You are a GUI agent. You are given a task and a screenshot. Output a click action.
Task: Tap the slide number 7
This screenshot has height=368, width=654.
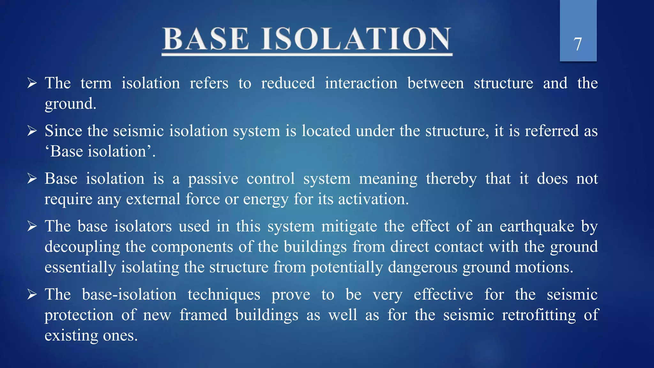click(x=578, y=44)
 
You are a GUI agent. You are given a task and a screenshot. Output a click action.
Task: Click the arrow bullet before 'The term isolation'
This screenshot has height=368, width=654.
click(x=32, y=83)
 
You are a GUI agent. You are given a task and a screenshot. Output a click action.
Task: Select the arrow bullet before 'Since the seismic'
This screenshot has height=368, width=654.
click(x=32, y=131)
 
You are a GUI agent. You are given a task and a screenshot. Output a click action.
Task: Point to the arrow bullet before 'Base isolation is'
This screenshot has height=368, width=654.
click(x=32, y=179)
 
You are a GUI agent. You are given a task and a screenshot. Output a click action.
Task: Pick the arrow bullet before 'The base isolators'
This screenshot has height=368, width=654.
click(x=32, y=226)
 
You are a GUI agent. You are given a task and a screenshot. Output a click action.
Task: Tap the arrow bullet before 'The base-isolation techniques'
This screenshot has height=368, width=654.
click(x=32, y=295)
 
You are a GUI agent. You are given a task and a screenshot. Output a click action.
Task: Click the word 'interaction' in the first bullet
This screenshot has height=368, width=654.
click(x=361, y=83)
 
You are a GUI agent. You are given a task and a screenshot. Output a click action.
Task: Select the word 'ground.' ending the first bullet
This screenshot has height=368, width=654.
click(x=70, y=104)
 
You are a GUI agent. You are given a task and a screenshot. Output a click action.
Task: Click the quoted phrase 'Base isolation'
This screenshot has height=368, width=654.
click(x=100, y=151)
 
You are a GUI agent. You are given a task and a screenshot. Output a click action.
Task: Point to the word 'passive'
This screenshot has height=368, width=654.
click(x=213, y=179)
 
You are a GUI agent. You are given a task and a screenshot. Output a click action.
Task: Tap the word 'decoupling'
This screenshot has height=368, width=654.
click(x=82, y=247)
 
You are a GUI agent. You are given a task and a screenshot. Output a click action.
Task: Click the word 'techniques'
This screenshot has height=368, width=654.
click(x=224, y=295)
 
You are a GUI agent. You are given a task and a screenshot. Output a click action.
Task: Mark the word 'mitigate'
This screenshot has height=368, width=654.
click(x=349, y=226)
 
